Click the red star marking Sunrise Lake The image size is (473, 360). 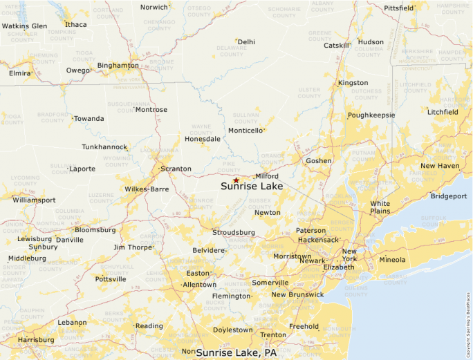[236, 180]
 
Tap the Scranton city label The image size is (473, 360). [175, 169]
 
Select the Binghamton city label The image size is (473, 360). [118, 66]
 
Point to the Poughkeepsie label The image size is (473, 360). [371, 115]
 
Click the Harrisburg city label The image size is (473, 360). [36, 340]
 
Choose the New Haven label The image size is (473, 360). [440, 166]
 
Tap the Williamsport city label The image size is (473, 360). [34, 200]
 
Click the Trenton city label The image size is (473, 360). [272, 335]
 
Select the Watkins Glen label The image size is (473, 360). [24, 26]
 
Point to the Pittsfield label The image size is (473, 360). [399, 8]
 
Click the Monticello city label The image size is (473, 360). [245, 130]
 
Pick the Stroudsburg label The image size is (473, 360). [234, 232]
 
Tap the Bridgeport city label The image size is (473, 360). [449, 196]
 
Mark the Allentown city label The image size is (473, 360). [199, 284]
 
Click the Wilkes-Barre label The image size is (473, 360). [147, 189]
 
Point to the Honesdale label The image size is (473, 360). [203, 139]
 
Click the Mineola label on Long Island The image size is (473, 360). [393, 260]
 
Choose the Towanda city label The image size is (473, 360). [89, 119]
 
